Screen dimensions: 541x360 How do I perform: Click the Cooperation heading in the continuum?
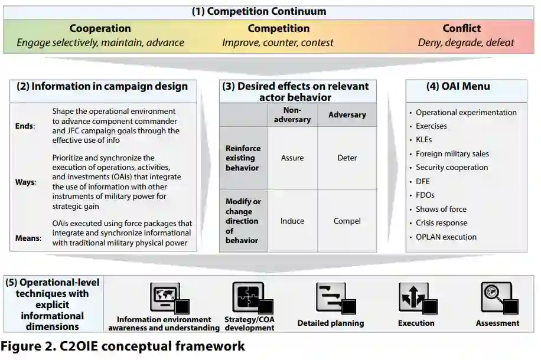pyautogui.click(x=100, y=28)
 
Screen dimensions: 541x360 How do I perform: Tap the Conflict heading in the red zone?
pyautogui.click(x=461, y=28)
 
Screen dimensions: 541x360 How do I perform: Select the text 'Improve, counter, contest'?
pyautogui.click(x=278, y=42)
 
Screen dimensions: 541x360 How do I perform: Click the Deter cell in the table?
pyautogui.click(x=347, y=158)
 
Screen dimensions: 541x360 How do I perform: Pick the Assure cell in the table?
pyautogui.click(x=292, y=158)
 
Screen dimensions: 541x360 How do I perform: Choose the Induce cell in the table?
pyautogui.click(x=292, y=221)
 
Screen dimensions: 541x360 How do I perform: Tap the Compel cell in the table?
pyautogui.click(x=347, y=221)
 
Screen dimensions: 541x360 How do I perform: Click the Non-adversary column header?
pyautogui.click(x=292, y=114)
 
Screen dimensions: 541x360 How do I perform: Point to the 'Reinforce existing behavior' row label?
pyautogui.click(x=243, y=158)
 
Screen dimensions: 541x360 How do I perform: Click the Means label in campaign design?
pyautogui.click(x=28, y=238)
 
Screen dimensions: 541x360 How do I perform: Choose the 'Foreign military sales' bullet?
pyautogui.click(x=452, y=153)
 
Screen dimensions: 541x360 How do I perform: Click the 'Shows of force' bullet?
pyautogui.click(x=441, y=209)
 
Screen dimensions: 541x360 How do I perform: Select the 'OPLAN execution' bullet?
pyautogui.click(x=446, y=237)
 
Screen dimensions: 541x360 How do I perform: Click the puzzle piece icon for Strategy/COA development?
pyautogui.click(x=248, y=297)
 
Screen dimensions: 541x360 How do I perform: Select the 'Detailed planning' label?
pyautogui.click(x=331, y=323)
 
